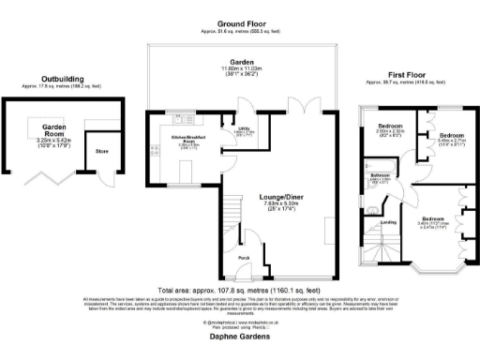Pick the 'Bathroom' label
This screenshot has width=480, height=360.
click(x=379, y=175)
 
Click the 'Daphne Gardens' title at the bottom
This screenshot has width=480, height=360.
click(x=240, y=334)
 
